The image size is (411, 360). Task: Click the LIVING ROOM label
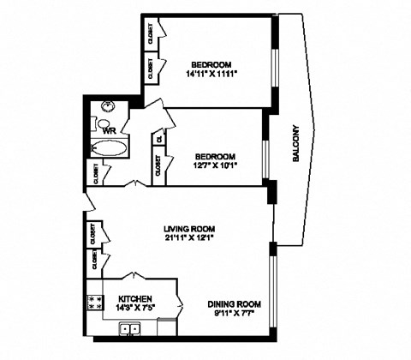(x=188, y=229)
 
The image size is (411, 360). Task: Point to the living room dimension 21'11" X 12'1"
(x=188, y=239)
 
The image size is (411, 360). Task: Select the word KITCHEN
(x=134, y=300)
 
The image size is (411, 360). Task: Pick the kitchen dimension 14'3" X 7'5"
(x=135, y=309)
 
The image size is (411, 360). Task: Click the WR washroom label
(x=108, y=130)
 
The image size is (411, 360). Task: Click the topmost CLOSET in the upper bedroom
(x=152, y=33)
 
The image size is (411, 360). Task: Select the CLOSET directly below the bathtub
(x=93, y=174)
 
